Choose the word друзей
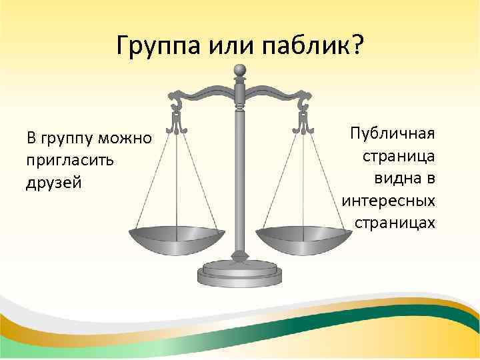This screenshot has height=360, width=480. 53,183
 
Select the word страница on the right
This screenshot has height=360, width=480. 399,155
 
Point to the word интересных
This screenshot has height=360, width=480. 388,199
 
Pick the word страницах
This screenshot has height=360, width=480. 395,221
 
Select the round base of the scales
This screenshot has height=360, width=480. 240,273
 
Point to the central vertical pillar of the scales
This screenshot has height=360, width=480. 240,173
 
